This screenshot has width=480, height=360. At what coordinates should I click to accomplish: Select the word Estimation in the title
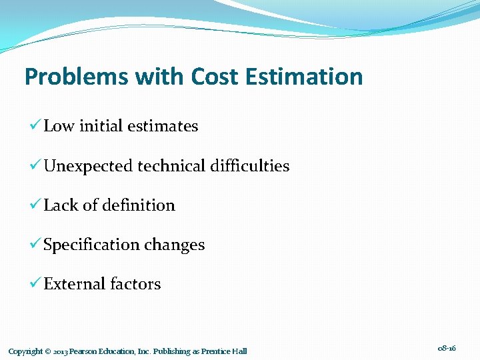304,77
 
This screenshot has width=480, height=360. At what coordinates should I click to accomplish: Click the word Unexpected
88,166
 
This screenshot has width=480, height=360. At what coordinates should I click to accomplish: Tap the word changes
175,245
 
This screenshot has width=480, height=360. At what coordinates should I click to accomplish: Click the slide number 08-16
447,348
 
